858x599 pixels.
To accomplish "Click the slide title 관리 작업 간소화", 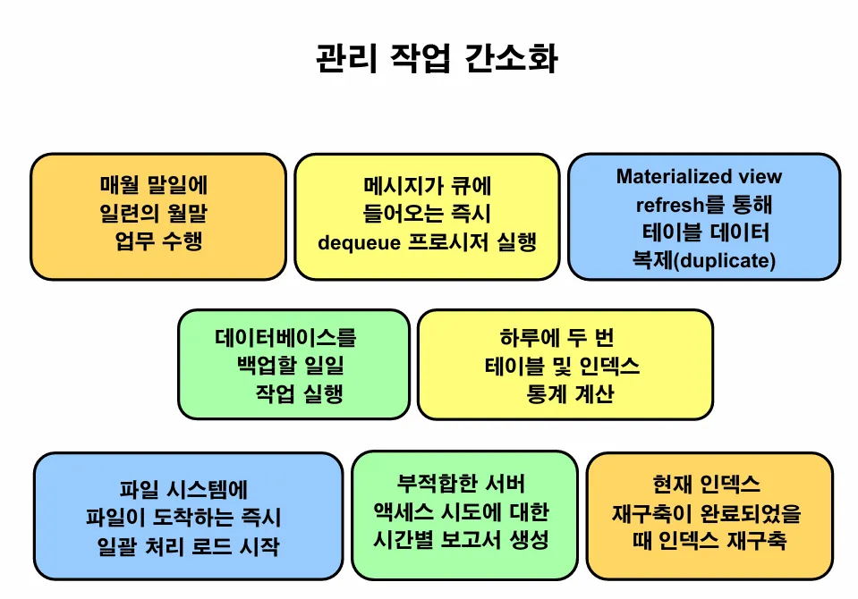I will click(x=437, y=58).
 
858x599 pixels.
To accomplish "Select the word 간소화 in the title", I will click(x=514, y=58).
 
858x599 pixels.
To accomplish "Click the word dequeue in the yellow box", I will click(x=356, y=241).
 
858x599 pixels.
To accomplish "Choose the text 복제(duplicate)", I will click(x=703, y=260).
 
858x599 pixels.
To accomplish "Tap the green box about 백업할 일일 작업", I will click(x=293, y=365).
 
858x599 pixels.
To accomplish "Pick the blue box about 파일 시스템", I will click(x=188, y=517).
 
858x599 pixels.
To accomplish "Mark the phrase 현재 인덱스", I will click(x=707, y=485).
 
